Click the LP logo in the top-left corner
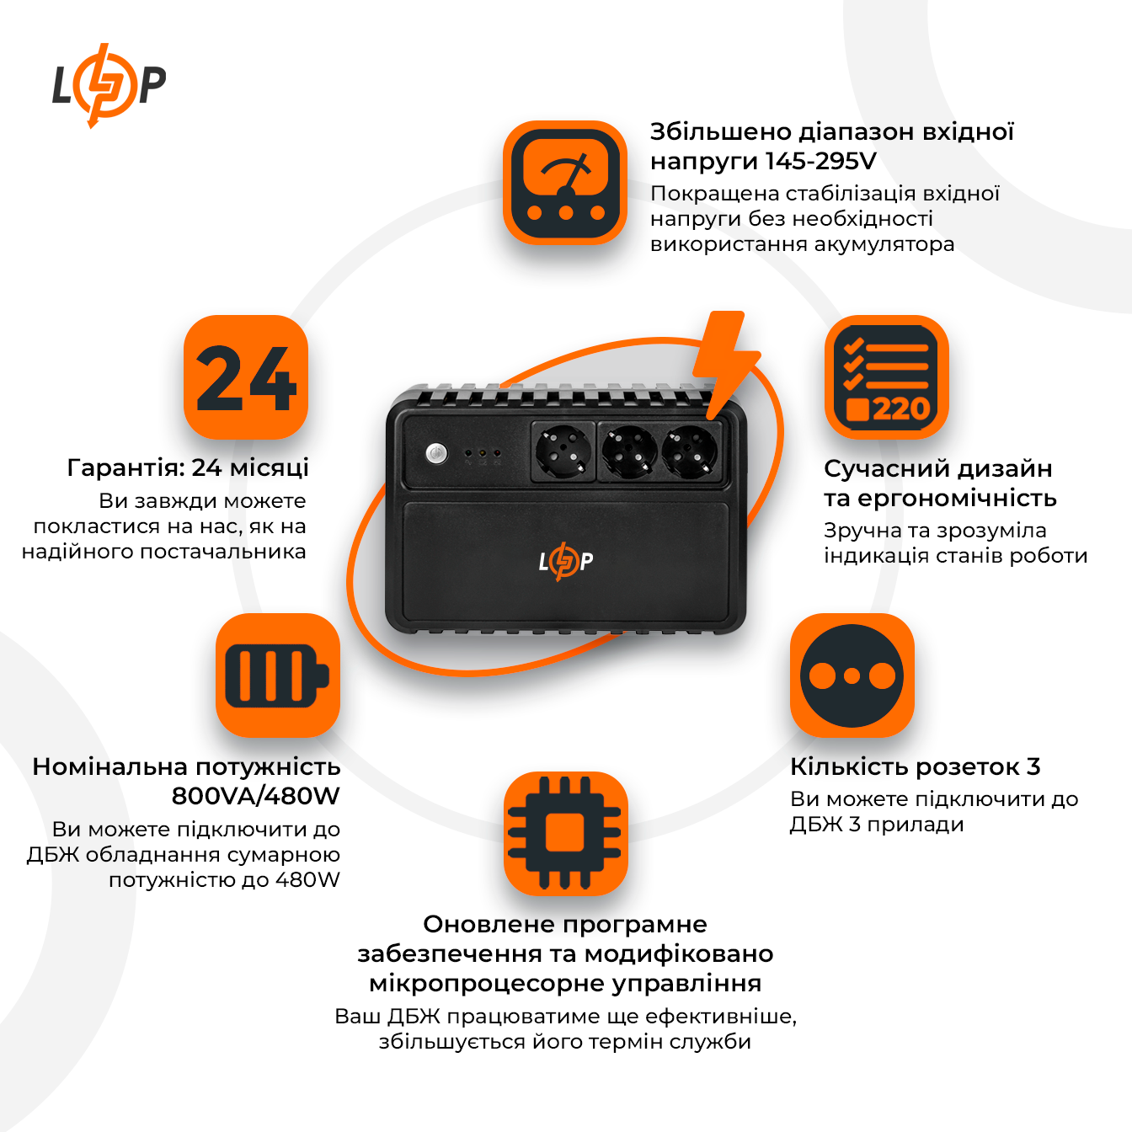(x=109, y=85)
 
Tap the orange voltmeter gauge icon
(x=565, y=183)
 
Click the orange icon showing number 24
(x=246, y=377)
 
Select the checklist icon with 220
(x=886, y=377)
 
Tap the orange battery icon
(x=277, y=675)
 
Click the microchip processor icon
(x=565, y=833)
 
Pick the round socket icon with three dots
(x=852, y=675)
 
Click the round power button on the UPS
(x=435, y=453)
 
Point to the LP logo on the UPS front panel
(x=565, y=562)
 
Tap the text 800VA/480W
(x=255, y=796)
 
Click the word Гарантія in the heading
(x=125, y=467)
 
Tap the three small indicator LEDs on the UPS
(x=483, y=454)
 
